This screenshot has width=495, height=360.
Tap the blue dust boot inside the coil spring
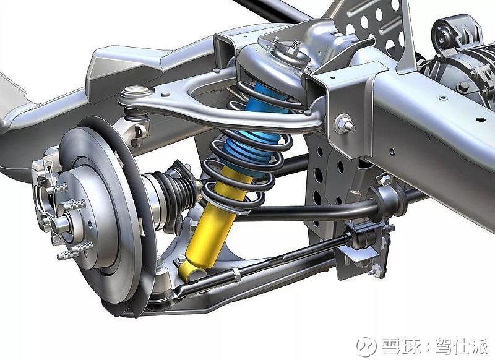[x=259, y=126]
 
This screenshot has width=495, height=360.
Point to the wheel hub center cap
[x=61, y=224]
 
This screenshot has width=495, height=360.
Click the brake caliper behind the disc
[x=46, y=189]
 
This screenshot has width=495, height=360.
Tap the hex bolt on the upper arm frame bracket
[x=344, y=124]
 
